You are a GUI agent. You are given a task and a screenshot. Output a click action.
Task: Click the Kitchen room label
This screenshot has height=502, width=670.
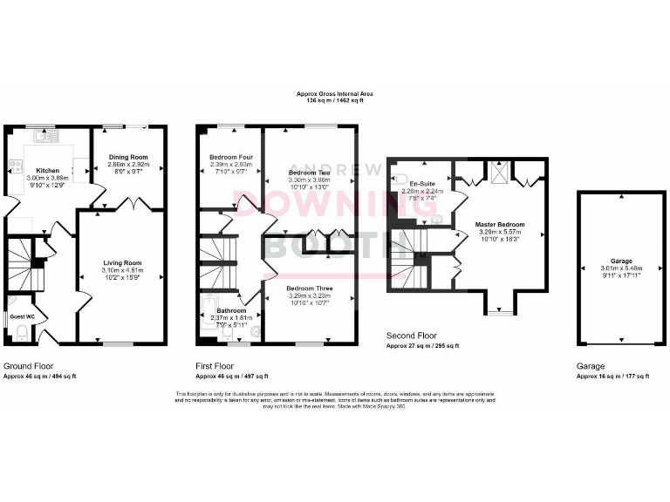47,170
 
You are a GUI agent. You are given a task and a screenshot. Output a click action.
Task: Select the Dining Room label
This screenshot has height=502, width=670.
128,157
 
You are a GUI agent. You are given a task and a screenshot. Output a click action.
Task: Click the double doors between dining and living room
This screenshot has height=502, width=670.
130,205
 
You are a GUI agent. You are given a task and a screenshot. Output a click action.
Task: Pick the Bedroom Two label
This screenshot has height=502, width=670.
308,173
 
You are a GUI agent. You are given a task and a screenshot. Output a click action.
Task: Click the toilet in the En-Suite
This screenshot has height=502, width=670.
401,180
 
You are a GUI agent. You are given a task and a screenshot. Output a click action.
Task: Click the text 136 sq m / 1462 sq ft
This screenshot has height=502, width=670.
334,101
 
